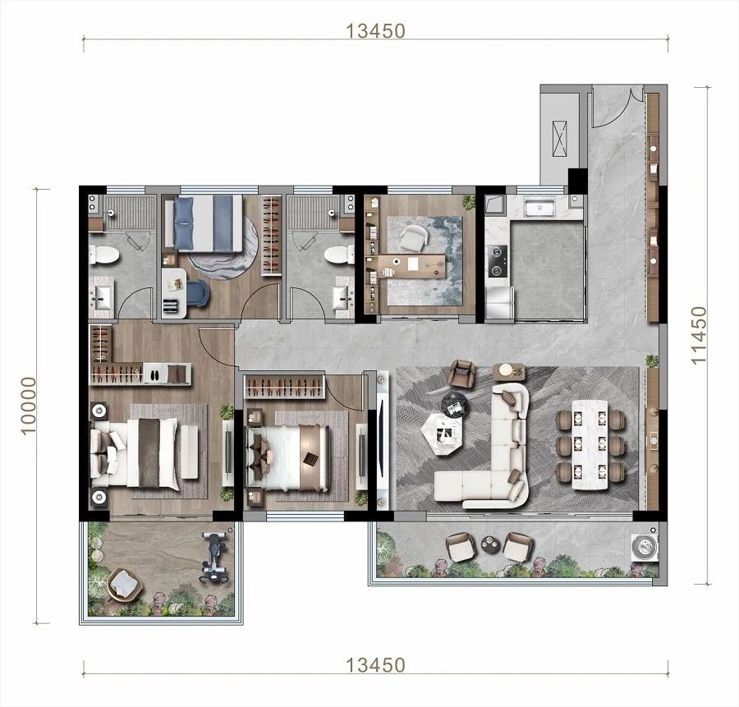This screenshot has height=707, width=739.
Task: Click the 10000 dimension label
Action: pyautogui.click(x=28, y=406)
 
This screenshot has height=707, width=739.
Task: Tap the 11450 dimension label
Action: pyautogui.click(x=699, y=335)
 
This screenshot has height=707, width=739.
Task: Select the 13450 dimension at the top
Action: pyautogui.click(x=375, y=31)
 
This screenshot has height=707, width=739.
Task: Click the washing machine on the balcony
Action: pyautogui.click(x=645, y=548)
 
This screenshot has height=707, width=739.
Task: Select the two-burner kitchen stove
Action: pyautogui.click(x=497, y=260)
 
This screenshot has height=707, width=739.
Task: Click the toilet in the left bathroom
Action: pyautogui.click(x=104, y=255)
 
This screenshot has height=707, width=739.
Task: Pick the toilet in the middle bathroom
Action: pyautogui.click(x=339, y=255)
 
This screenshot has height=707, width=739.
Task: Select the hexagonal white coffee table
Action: pyautogui.click(x=442, y=434)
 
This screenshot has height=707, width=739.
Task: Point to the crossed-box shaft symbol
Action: pyautogui.click(x=559, y=140)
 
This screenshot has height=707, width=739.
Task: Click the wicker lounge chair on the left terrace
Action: pyautogui.click(x=124, y=584)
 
